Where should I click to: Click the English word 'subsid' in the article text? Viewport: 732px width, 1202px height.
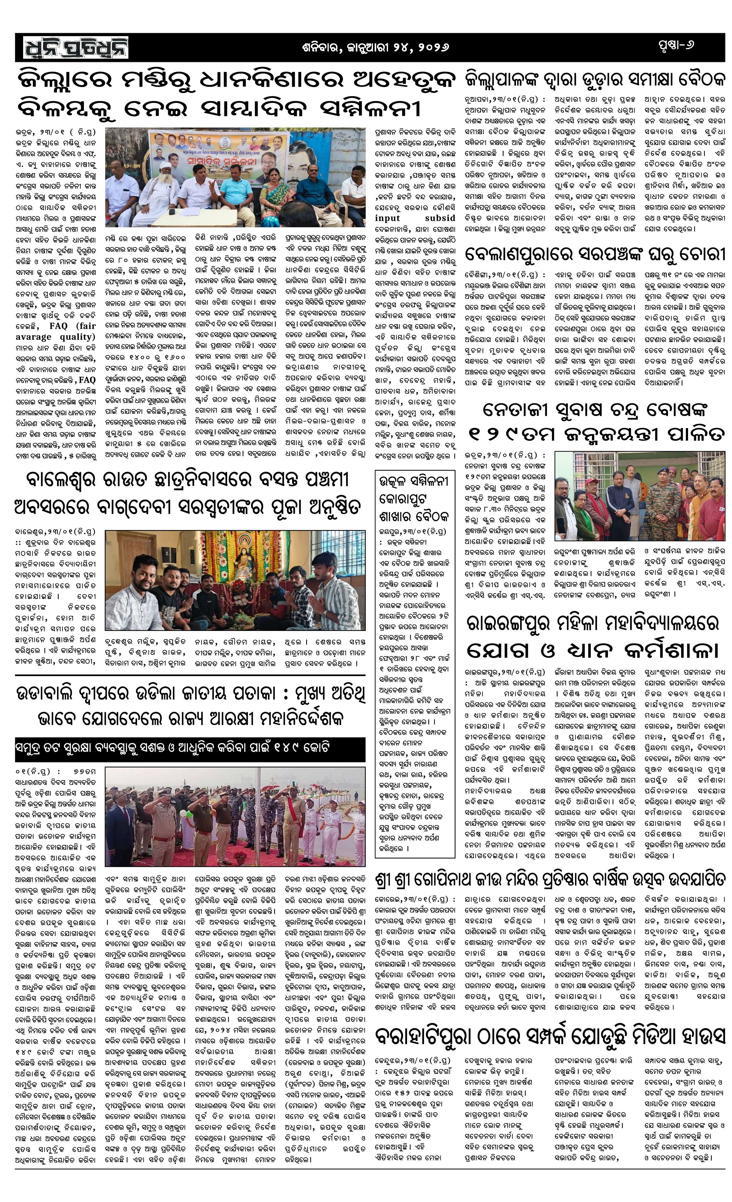coord(440,218)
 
